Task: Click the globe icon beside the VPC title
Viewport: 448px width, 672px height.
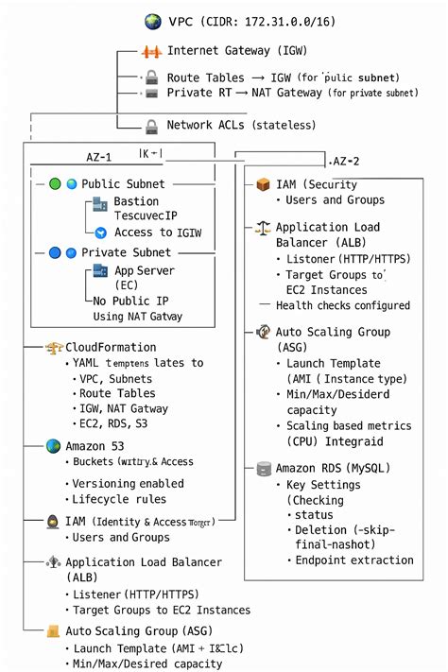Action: click(x=152, y=21)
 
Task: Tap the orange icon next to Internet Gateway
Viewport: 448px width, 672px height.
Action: click(x=151, y=51)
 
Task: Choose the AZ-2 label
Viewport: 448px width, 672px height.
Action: click(x=346, y=162)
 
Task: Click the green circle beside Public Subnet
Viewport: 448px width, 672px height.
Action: click(x=55, y=184)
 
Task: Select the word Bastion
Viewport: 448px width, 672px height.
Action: click(x=136, y=201)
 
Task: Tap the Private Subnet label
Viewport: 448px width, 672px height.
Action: click(x=126, y=252)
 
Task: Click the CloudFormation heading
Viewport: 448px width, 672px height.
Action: click(x=111, y=348)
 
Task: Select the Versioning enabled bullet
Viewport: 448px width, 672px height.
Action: click(x=129, y=483)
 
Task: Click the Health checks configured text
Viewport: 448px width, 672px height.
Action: click(x=342, y=305)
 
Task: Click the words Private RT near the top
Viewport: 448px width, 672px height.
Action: click(x=189, y=93)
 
